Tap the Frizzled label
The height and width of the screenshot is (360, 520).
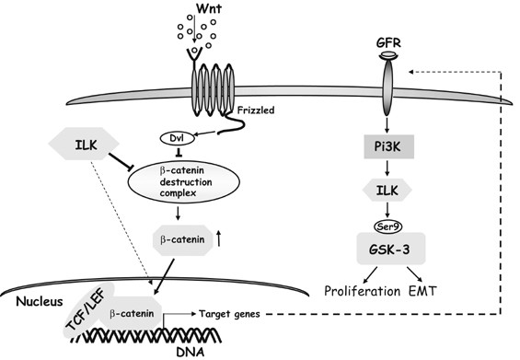(x=256, y=110)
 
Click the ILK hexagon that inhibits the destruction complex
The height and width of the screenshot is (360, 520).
(x=84, y=144)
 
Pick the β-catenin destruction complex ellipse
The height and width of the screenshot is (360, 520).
(x=184, y=181)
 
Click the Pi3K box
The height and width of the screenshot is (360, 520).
(x=388, y=146)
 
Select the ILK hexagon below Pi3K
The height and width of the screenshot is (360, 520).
(x=387, y=190)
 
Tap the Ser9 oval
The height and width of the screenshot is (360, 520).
(x=387, y=226)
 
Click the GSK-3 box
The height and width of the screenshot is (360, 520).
(x=390, y=249)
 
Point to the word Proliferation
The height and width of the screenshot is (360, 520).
(x=362, y=291)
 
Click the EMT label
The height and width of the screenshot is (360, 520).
(x=422, y=291)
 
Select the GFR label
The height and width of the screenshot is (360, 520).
(x=388, y=43)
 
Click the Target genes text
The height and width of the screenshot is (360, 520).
(x=229, y=314)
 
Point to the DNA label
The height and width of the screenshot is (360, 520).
(x=190, y=352)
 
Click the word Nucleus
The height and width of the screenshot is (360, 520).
(x=40, y=301)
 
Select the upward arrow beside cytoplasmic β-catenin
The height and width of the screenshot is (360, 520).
(x=218, y=238)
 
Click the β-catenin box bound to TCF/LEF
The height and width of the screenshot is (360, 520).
(x=132, y=313)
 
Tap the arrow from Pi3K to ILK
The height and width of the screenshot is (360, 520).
(x=387, y=168)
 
